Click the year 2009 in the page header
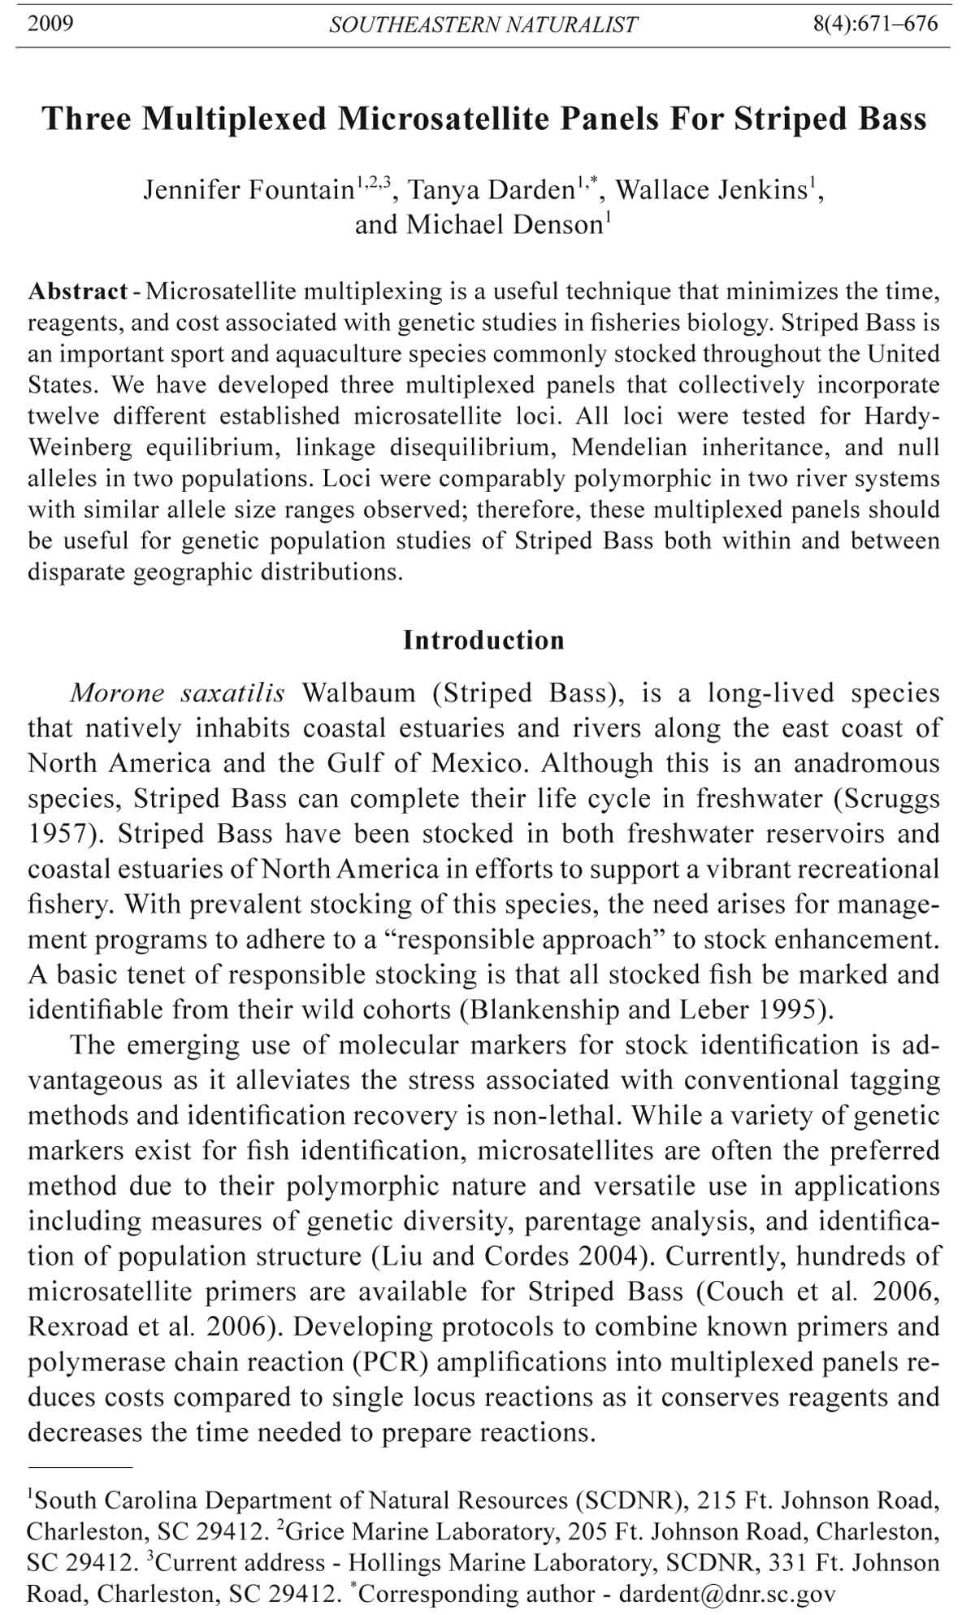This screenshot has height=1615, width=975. coord(50,24)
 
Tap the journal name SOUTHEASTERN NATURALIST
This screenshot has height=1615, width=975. coord(483,25)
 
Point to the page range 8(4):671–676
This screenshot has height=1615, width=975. coord(875,24)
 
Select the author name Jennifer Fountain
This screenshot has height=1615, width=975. coord(248,190)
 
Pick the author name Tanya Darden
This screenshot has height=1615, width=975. coord(491,190)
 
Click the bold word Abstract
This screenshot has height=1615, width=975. coord(78,292)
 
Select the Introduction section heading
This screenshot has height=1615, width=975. coord(483,640)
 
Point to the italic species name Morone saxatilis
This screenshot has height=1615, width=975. coord(177,693)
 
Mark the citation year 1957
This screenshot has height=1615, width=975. coord(57,834)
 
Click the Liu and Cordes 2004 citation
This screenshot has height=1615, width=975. coord(514,1257)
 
